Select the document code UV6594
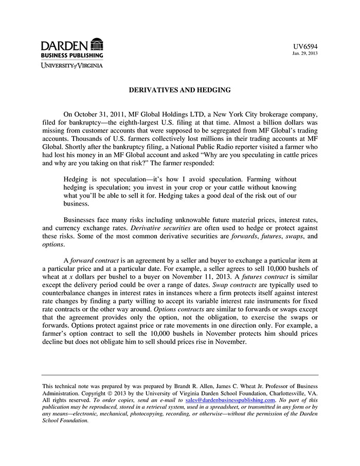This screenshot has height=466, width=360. click(x=307, y=46)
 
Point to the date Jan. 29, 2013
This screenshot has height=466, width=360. click(x=305, y=53)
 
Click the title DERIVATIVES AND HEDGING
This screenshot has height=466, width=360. click(x=179, y=90)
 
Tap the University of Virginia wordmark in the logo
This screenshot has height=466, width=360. click(x=72, y=65)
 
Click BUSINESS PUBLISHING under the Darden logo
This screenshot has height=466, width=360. click(x=72, y=55)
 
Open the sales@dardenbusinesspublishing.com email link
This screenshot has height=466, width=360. click(x=230, y=400)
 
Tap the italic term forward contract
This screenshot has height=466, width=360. click(x=94, y=260)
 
